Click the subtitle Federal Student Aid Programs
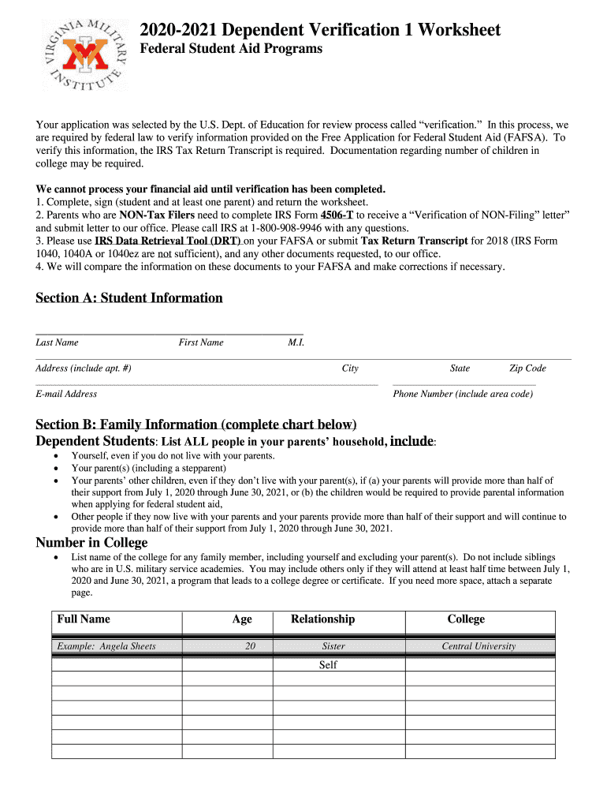(x=231, y=49)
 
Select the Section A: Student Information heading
(x=129, y=297)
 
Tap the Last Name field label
(x=57, y=342)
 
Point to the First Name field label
(x=201, y=342)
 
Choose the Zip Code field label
(x=527, y=368)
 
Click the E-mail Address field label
(x=66, y=394)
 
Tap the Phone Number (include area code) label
(x=463, y=394)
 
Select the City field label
(x=350, y=368)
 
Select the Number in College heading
(x=91, y=542)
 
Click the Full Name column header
(x=84, y=619)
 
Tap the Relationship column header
(x=322, y=619)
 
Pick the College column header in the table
(x=466, y=619)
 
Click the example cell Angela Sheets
(x=106, y=646)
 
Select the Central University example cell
(x=479, y=646)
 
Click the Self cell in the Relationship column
(x=328, y=665)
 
